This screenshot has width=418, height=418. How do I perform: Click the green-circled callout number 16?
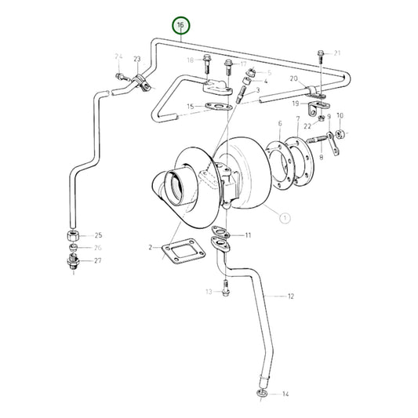click(181, 26)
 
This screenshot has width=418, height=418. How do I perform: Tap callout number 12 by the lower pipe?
click(290, 296)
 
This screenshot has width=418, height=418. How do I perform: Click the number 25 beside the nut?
click(98, 235)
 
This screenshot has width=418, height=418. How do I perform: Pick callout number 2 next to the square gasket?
click(151, 248)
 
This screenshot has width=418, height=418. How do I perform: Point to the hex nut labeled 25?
click(71, 235)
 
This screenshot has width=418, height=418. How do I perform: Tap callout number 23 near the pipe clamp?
click(137, 60)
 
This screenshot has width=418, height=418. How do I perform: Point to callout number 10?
click(340, 115)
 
